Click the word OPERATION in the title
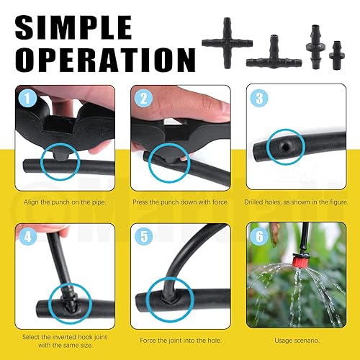100,59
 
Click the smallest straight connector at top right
335,53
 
